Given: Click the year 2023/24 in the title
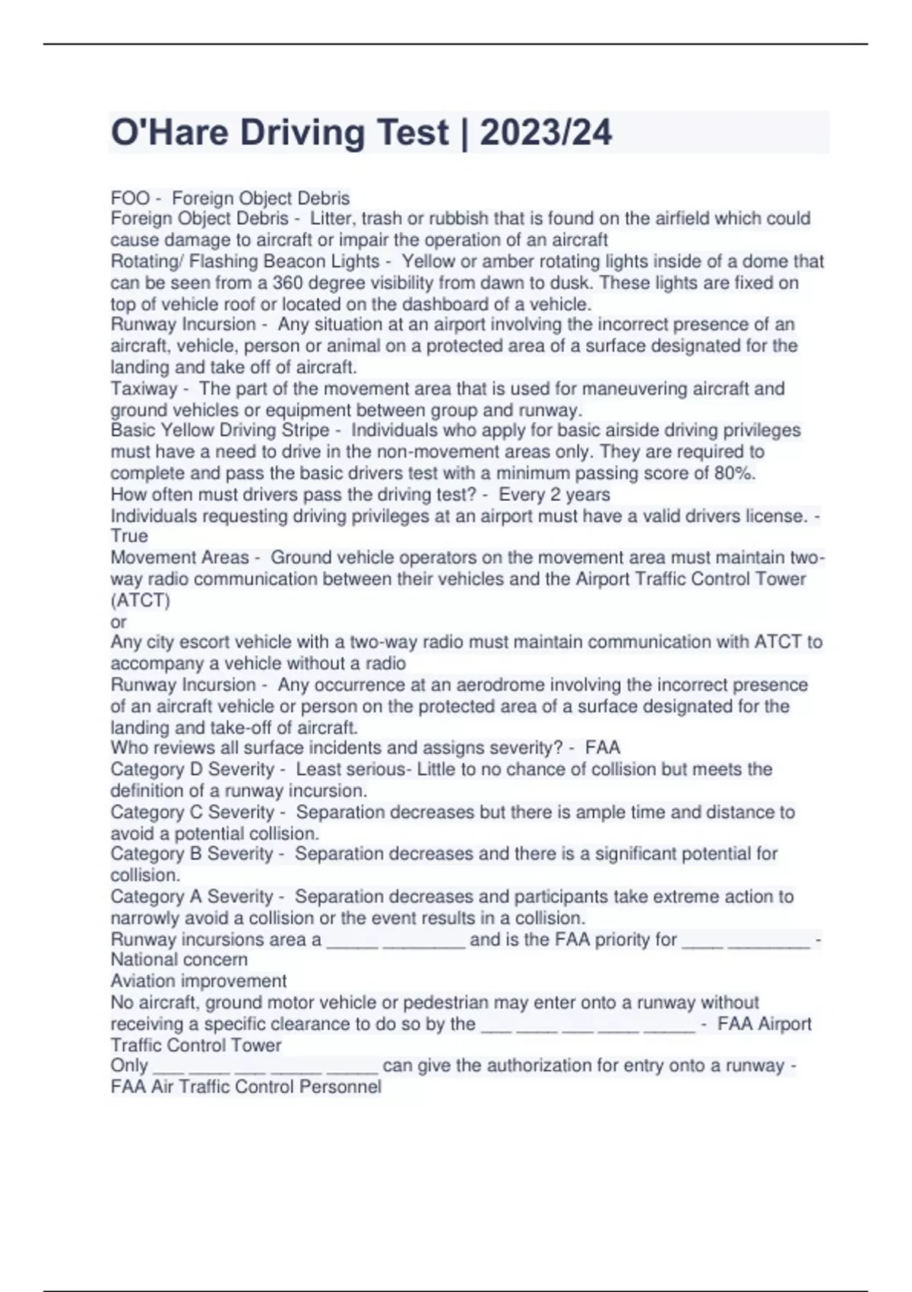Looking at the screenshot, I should [546, 133].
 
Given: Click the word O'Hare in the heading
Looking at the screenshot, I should [169, 133].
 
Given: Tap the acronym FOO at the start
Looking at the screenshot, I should [130, 198].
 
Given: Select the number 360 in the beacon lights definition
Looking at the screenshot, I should [288, 283].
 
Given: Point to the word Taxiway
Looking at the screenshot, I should [144, 388].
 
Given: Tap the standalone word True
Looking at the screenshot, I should [129, 536].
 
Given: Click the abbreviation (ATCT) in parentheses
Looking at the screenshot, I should [141, 600].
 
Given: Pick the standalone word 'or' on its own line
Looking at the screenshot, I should [119, 622].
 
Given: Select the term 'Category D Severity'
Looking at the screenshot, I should [192, 769].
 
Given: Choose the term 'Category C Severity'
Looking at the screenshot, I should [192, 812].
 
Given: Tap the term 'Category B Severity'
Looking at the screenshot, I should [192, 853].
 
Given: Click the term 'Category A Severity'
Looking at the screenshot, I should [192, 897].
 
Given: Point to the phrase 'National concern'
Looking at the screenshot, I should [179, 959].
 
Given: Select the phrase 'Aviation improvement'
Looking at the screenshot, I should [198, 980].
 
